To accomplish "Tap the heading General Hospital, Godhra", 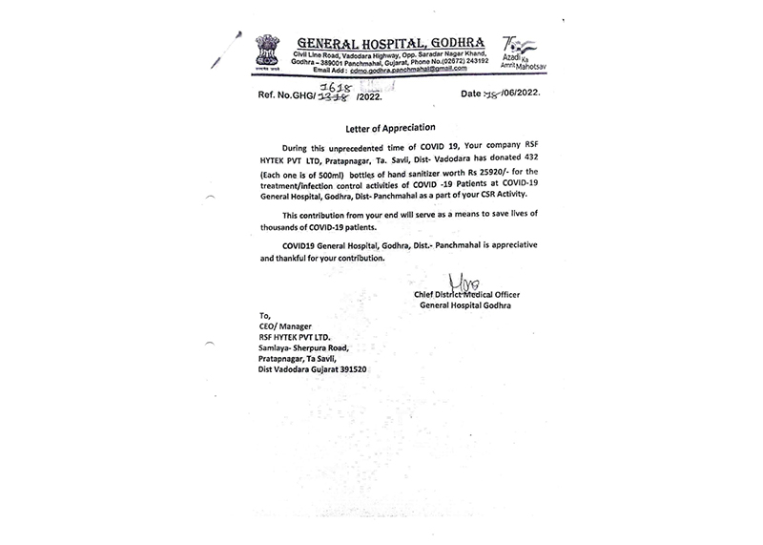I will (x=391, y=43).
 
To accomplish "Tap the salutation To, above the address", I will (x=265, y=315).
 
